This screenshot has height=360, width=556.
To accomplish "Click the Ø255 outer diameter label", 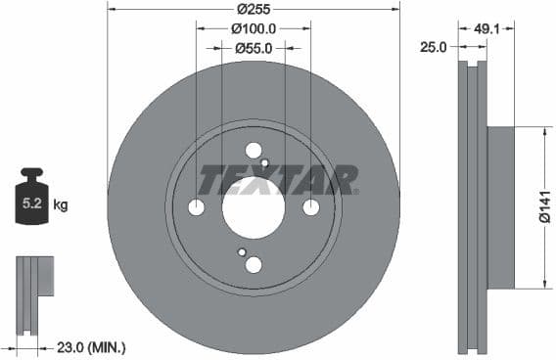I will pyautogui.click(x=254, y=9).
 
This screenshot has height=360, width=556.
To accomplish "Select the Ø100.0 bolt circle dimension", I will pyautogui.click(x=254, y=28).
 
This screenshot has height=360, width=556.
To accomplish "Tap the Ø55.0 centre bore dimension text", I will pyautogui.click(x=254, y=47).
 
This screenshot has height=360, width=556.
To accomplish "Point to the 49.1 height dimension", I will pyautogui.click(x=486, y=28).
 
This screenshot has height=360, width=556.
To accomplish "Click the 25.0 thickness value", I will pyautogui.click(x=433, y=46).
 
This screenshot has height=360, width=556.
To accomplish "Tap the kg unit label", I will pyautogui.click(x=61, y=205).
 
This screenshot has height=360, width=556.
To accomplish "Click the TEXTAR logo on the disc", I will pyautogui.click(x=279, y=179).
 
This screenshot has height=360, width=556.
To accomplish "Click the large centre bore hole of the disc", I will pyautogui.click(x=254, y=207).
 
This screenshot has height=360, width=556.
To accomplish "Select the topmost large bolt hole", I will pyautogui.click(x=254, y=151).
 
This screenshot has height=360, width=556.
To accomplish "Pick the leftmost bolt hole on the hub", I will pyautogui.click(x=196, y=207).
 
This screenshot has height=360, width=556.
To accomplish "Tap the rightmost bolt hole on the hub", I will pyautogui.click(x=311, y=207).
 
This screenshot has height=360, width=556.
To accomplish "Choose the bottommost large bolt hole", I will pyautogui.click(x=254, y=265).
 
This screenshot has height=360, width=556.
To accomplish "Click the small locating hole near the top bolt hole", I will pyautogui.click(x=265, y=162).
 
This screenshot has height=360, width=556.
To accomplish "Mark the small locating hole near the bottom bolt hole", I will pyautogui.click(x=242, y=252).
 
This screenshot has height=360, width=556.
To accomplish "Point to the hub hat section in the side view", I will pyautogui.click(x=500, y=207).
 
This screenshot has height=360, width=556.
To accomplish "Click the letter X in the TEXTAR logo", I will pyautogui.click(x=278, y=179).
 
